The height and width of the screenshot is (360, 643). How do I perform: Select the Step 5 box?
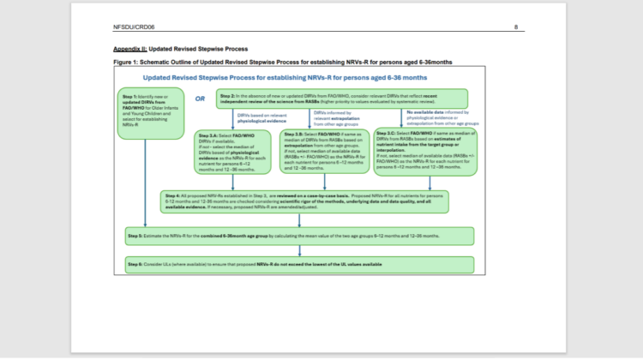point(297,234)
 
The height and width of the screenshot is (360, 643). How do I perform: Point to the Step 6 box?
point(297,264)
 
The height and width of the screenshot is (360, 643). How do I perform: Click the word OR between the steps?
point(199,97)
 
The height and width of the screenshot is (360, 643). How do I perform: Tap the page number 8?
point(516,27)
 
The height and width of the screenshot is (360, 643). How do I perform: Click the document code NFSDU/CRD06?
point(133,27)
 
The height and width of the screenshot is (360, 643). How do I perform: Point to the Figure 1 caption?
point(283,62)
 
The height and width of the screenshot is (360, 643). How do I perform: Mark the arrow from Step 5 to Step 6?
point(299,249)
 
